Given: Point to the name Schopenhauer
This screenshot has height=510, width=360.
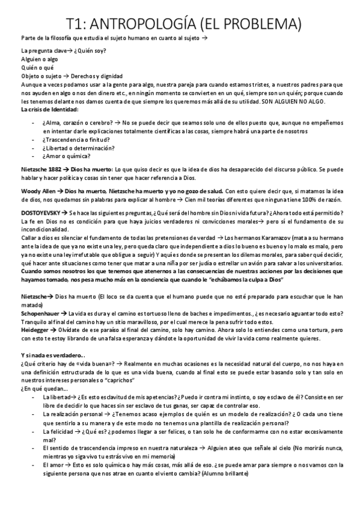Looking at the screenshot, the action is (41, 313).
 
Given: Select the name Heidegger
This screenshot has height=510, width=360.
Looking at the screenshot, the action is (36, 330).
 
